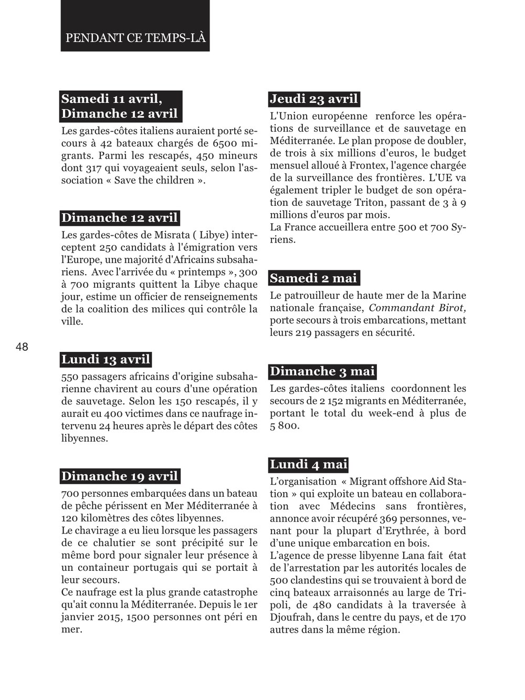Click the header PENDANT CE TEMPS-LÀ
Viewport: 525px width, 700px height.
click(x=135, y=38)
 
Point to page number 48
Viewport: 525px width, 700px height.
click(x=22, y=347)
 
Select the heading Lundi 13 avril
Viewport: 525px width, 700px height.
click(x=106, y=359)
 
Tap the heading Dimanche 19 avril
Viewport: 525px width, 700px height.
click(x=120, y=476)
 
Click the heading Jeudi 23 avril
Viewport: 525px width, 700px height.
click(x=314, y=99)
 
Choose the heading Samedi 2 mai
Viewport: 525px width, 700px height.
click(x=313, y=278)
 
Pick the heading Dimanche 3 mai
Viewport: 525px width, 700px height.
click(x=322, y=371)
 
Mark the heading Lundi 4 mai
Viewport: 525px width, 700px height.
click(x=309, y=464)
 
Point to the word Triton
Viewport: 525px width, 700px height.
click(x=369, y=202)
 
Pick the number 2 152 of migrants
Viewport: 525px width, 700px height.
click(x=364, y=401)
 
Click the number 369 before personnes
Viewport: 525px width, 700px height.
click(x=388, y=518)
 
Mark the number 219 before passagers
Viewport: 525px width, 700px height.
click(x=303, y=332)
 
